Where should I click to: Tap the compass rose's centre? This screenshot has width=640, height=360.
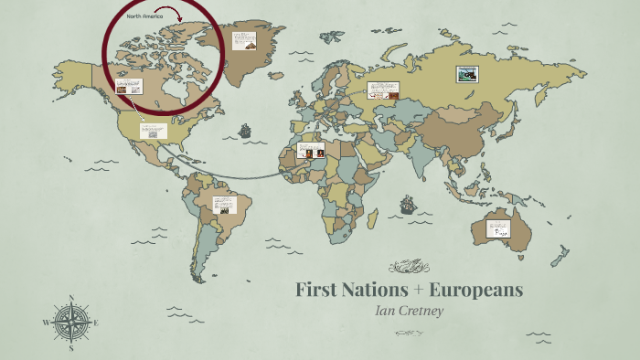tap(70, 323)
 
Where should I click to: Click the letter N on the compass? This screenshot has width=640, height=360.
tap(70, 297)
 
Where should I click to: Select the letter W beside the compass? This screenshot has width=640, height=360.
tap(46, 323)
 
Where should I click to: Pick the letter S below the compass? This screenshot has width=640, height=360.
tap(70, 348)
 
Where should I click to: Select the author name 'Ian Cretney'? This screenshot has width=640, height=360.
tap(409, 311)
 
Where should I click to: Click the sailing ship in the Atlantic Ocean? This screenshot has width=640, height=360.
tap(245, 131)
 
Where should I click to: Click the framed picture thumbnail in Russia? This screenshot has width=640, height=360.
tap(467, 76)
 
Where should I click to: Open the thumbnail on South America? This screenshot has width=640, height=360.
tap(224, 206)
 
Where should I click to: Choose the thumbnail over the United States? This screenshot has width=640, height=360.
tap(153, 131)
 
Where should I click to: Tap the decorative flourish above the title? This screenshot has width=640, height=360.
tap(409, 267)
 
